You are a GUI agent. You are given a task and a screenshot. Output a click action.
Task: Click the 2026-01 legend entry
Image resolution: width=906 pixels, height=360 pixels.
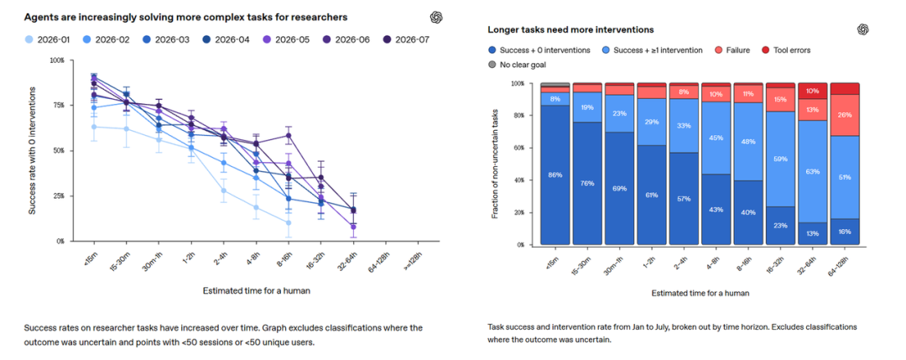48,39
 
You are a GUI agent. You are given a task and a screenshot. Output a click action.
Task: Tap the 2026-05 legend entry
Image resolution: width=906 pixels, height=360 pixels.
287,39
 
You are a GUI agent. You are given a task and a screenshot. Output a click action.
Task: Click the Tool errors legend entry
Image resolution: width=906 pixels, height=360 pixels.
786,50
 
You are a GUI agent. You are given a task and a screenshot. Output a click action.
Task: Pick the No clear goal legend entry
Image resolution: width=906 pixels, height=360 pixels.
517,65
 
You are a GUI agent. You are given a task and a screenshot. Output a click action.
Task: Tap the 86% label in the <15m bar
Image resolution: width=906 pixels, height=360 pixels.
555,175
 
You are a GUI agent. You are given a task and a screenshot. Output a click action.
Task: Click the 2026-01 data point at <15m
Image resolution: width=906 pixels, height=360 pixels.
94,127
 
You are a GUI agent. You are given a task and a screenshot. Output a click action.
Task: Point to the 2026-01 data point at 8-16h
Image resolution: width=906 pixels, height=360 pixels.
289,222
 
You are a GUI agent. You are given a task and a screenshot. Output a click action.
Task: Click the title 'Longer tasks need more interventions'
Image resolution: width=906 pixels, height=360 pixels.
570,29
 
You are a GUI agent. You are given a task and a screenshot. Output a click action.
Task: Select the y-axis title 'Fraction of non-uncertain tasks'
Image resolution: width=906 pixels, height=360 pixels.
495,164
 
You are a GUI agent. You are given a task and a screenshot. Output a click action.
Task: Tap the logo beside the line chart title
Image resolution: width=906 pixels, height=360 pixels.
436,18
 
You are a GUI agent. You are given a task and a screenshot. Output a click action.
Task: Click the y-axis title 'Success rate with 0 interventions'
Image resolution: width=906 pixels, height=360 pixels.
33,151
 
